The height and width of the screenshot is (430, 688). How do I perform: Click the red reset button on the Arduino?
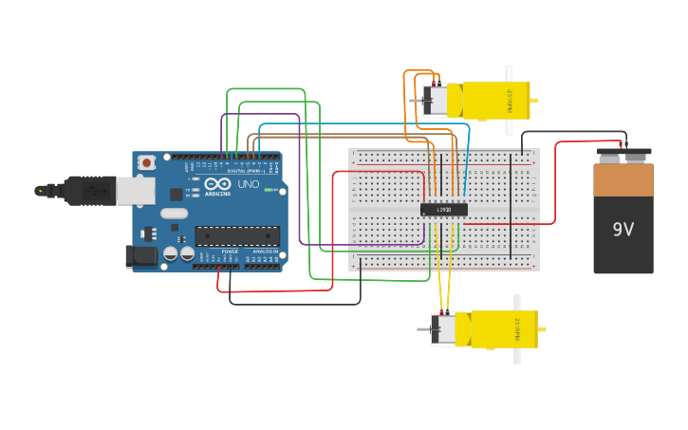point(146,162)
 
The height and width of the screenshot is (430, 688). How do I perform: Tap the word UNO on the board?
point(249,184)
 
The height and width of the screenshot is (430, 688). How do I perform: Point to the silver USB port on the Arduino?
point(137,190)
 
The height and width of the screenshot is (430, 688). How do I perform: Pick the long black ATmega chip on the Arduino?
point(237,235)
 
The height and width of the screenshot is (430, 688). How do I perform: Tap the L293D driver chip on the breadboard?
point(444,209)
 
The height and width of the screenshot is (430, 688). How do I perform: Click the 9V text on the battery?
point(623,230)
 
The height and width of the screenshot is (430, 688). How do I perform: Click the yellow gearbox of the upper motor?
point(495,101)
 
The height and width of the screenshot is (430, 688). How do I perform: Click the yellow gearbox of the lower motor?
point(503,328)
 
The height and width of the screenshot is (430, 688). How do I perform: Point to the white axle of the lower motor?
point(517,329)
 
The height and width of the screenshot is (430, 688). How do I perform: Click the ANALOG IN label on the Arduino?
point(264,252)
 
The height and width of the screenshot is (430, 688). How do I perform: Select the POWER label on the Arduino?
point(230,252)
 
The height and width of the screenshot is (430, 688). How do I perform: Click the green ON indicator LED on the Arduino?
point(270,190)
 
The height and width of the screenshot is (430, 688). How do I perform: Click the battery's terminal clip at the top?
point(623,151)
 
